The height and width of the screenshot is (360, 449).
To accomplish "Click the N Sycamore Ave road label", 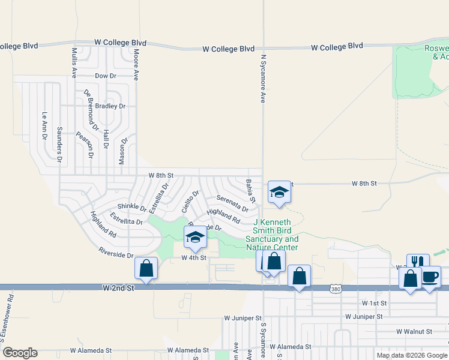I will [262, 79].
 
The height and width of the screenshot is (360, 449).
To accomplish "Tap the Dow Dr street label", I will [105, 76].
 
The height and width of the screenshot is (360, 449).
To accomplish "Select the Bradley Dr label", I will [113, 106].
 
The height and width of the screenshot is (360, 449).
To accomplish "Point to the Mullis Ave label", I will [74, 64].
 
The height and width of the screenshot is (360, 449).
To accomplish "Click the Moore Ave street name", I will [136, 65].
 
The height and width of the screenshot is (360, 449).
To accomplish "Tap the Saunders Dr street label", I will [59, 145].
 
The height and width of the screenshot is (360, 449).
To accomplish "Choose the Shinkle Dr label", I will [131, 206].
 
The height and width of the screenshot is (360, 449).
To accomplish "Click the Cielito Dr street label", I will [190, 202].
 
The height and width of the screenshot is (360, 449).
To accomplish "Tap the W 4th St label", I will [194, 257].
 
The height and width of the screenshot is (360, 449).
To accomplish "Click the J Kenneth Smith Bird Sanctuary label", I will [272, 234].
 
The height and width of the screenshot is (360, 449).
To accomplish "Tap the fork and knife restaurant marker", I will [418, 262].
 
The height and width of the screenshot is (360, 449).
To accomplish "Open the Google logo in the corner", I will [20, 353].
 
